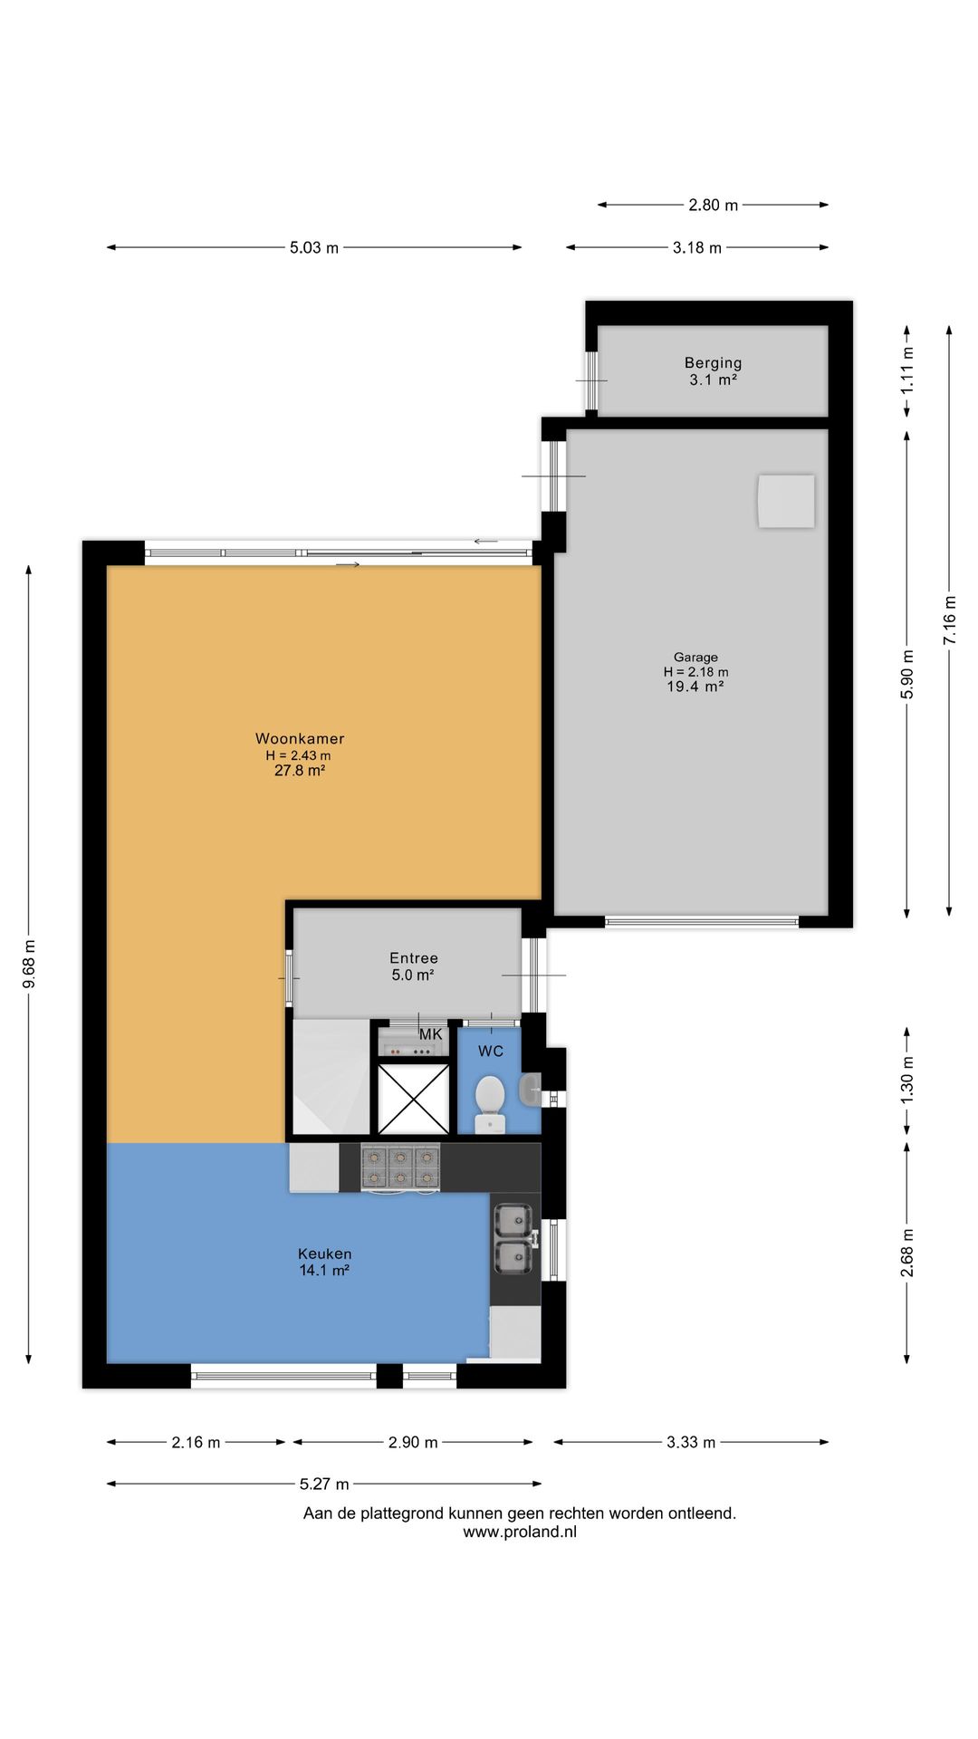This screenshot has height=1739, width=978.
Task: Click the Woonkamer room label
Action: (300, 739)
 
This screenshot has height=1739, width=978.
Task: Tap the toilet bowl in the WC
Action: (490, 1095)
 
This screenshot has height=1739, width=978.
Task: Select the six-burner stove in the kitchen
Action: (400, 1167)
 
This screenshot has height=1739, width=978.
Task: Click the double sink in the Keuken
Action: (513, 1238)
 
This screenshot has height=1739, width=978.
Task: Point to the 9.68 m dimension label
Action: (29, 965)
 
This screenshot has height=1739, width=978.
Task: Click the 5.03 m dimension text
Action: (314, 247)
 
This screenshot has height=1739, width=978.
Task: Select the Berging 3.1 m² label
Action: (713, 371)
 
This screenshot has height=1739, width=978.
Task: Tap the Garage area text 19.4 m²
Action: (695, 687)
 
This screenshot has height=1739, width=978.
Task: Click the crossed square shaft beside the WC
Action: (413, 1099)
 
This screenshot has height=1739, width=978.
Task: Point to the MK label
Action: (430, 1034)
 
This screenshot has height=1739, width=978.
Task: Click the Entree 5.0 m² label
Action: (413, 966)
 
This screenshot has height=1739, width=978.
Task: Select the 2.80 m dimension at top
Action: (713, 205)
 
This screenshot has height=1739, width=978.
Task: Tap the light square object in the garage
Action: (786, 501)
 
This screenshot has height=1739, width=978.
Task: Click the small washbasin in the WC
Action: (531, 1090)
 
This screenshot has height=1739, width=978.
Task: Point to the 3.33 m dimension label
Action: (691, 1442)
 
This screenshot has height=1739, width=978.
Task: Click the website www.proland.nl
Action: (519, 1532)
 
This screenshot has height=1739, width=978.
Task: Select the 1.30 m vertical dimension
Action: (907, 1080)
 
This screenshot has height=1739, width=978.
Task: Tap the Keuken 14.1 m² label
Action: (324, 1262)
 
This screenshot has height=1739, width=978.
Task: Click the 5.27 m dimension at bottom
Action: (324, 1484)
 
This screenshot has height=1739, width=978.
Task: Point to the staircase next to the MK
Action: (331, 1077)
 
